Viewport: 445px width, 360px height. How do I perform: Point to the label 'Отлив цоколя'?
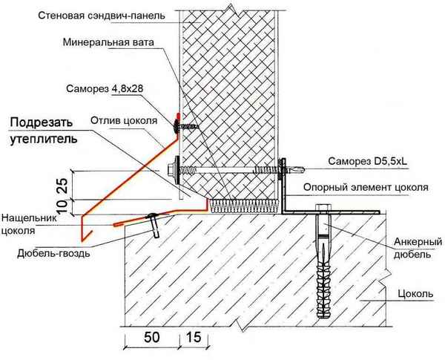coord(122,120)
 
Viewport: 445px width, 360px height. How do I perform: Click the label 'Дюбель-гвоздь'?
coord(53,252)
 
